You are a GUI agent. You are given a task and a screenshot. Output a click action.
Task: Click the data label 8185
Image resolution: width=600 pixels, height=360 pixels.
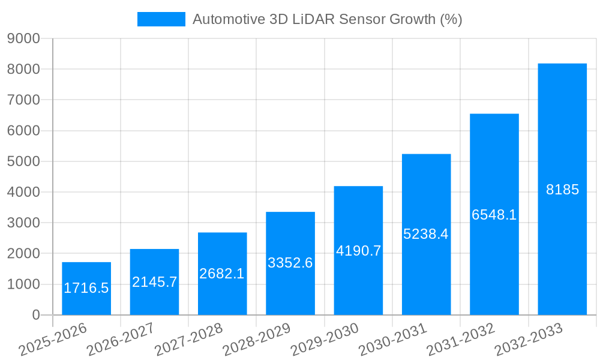click(x=562, y=190)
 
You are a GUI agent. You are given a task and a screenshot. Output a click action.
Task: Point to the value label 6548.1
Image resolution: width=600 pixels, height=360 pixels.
click(x=494, y=215)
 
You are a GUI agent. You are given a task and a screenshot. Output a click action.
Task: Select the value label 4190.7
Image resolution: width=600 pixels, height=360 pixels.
click(x=358, y=251)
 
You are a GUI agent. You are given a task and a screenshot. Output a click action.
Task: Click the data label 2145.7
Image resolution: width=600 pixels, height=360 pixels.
click(x=154, y=282)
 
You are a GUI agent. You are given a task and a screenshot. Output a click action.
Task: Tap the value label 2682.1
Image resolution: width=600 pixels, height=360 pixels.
click(x=222, y=274)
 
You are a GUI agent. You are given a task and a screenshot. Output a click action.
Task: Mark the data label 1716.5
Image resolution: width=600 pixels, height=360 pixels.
click(x=86, y=288)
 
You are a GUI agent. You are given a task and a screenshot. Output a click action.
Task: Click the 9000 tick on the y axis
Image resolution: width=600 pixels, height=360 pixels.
click(x=23, y=38)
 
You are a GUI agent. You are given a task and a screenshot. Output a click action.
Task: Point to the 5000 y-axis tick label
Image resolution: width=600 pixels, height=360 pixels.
click(x=23, y=161)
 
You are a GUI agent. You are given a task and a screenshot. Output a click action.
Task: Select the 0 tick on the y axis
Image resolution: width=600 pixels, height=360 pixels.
click(x=35, y=315)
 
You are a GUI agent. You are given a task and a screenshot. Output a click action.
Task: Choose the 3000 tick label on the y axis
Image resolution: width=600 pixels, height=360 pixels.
click(x=23, y=223)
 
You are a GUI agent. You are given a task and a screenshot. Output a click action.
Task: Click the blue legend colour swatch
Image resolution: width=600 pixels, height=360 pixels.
click(x=161, y=19)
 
